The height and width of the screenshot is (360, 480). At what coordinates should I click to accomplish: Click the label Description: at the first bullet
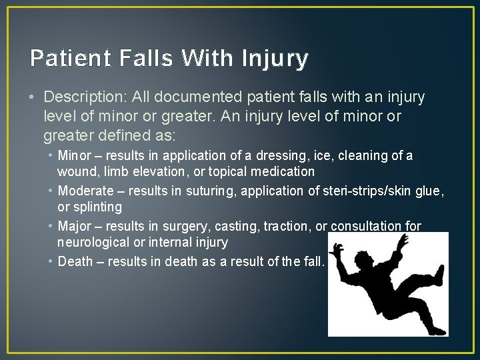86,97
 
